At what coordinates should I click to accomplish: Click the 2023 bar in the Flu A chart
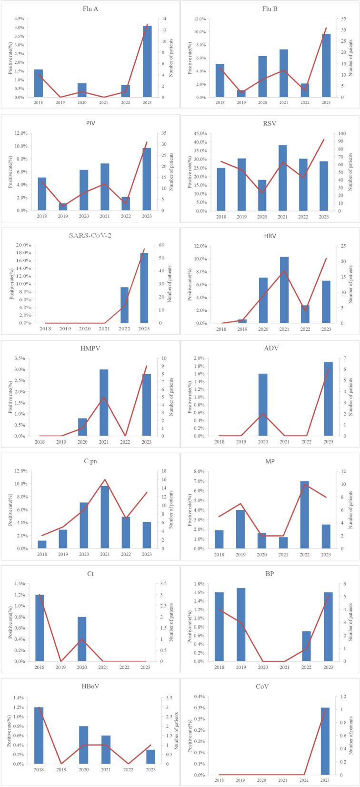(x=147, y=62)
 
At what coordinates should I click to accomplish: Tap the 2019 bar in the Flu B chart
(x=241, y=94)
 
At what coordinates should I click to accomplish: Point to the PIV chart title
(x=90, y=123)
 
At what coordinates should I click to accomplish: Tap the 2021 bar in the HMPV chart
(x=104, y=403)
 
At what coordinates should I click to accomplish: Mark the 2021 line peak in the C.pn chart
(x=105, y=479)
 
